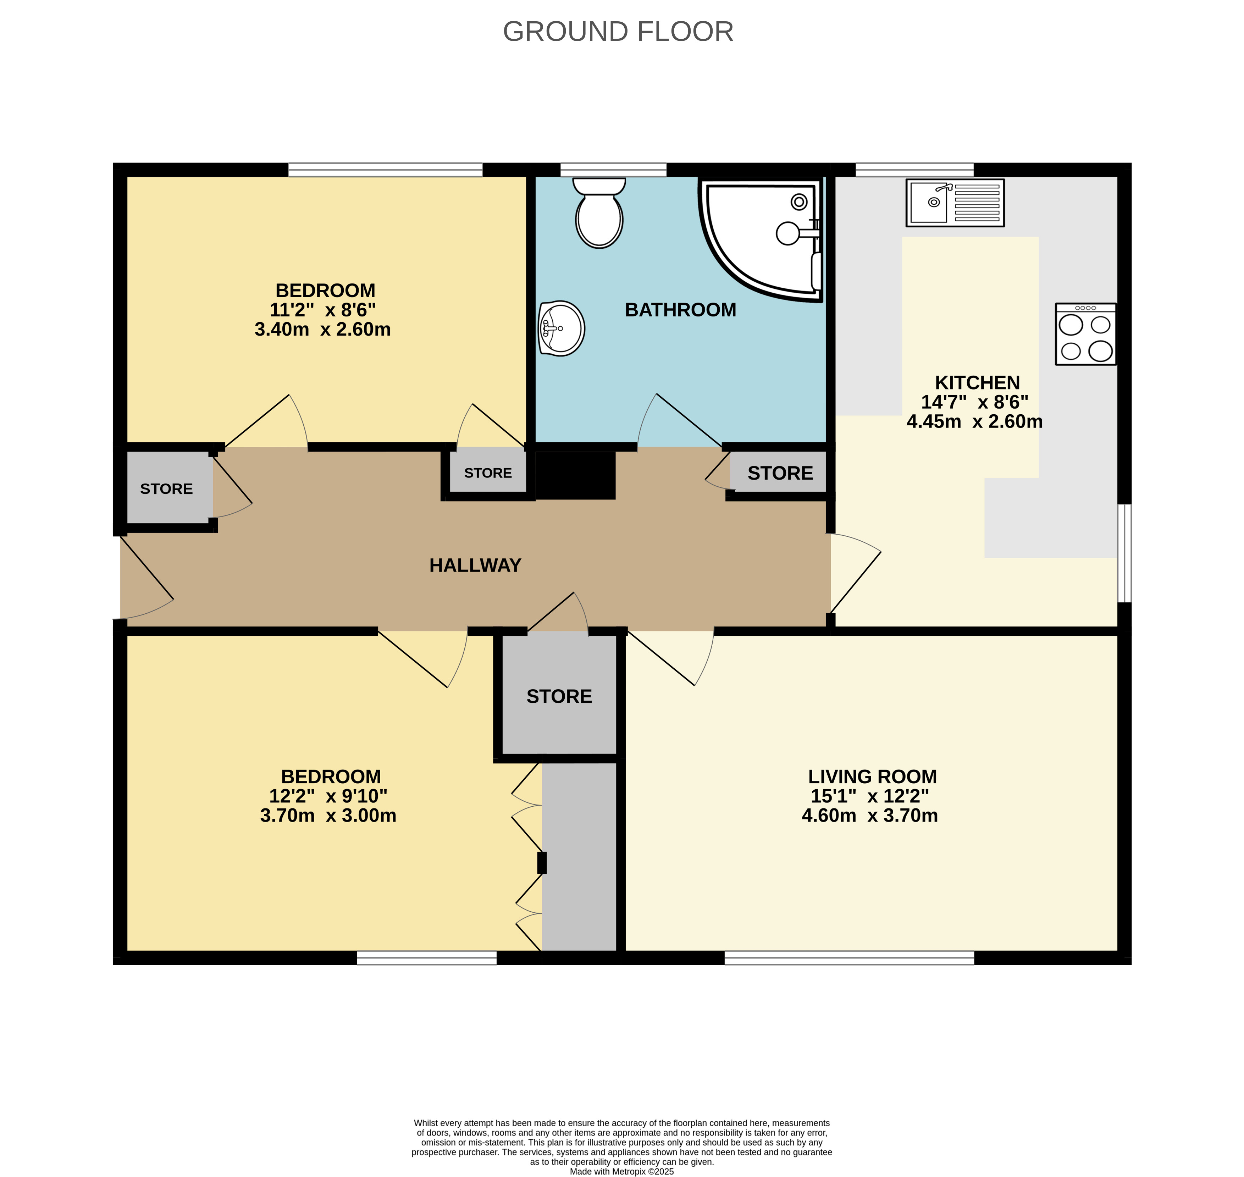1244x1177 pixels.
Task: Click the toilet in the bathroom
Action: [599, 212]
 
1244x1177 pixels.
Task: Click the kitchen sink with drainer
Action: [955, 203]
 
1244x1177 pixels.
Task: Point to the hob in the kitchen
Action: [1085, 334]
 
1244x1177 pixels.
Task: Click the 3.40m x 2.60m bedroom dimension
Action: [322, 330]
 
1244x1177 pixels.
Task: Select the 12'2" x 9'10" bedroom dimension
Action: [328, 796]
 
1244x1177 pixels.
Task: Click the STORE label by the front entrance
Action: [166, 489]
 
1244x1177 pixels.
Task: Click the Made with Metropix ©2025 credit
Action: [622, 1171]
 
